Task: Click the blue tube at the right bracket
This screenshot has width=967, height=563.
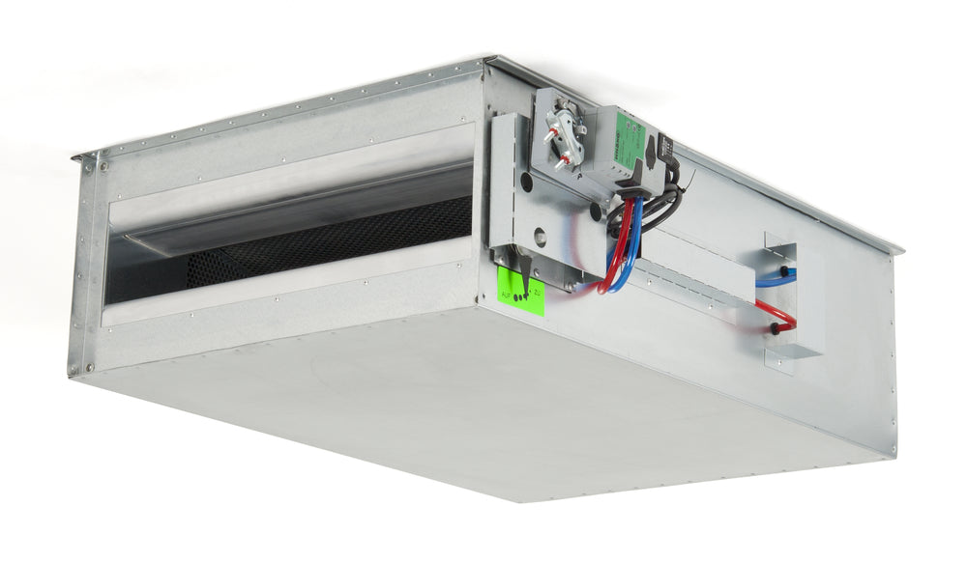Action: coord(774,280)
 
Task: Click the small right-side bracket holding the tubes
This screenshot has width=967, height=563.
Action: coord(781,299)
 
